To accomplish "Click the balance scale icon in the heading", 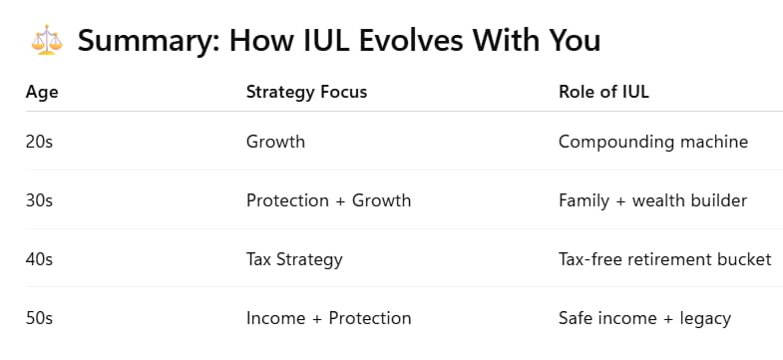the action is click(47, 40).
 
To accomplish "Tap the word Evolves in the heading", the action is click(411, 40).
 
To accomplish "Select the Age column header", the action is click(42, 93).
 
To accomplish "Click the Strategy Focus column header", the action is click(306, 92).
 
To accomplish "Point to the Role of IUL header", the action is click(603, 92).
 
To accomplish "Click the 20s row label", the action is click(39, 142).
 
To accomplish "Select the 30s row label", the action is click(39, 200).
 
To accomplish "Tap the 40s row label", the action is click(39, 259).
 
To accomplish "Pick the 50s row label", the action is click(39, 318).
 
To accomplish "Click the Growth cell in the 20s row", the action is click(275, 142).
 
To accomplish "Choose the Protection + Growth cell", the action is click(328, 200).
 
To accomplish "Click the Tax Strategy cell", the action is click(294, 260).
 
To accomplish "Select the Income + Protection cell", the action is click(328, 318).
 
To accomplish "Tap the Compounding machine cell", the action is click(653, 143).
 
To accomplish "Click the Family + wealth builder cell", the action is click(652, 201).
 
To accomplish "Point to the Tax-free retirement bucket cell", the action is click(665, 259).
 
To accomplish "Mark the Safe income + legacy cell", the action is click(644, 319).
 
